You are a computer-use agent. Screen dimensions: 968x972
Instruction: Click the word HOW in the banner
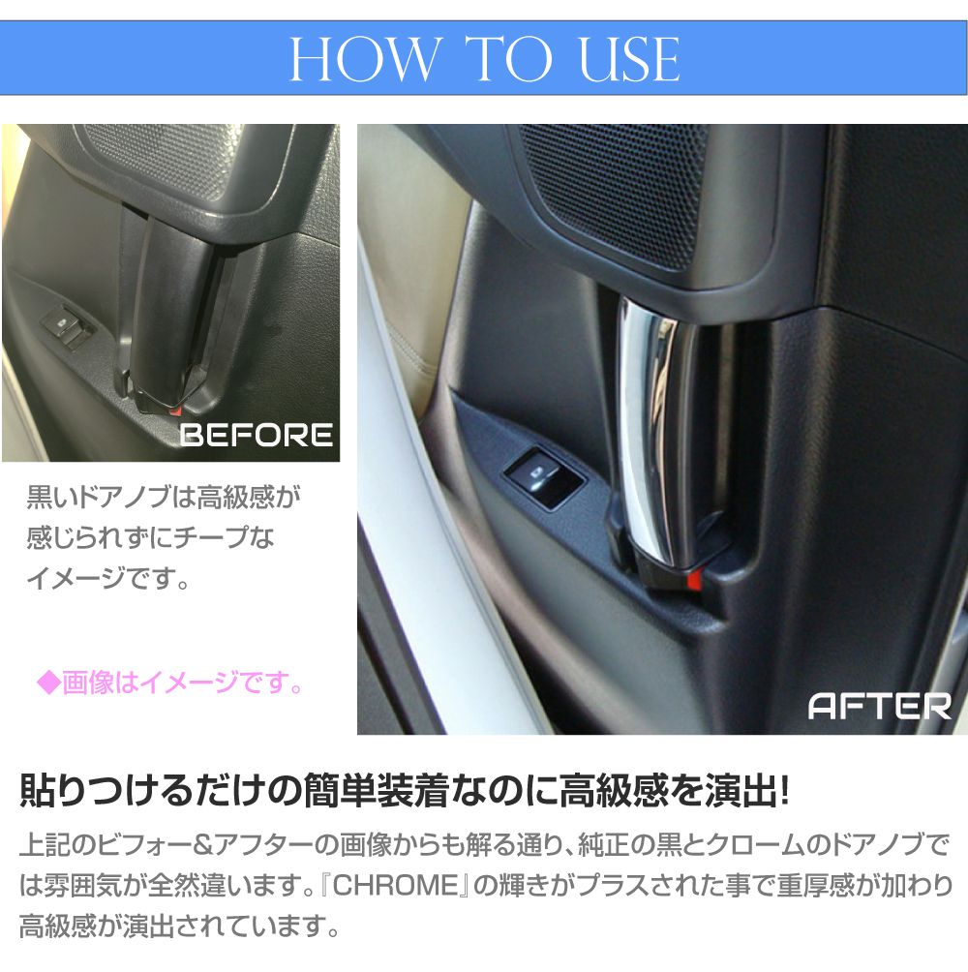pyautogui.click(x=364, y=59)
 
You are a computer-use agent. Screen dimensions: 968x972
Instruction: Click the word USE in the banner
pyautogui.click(x=629, y=59)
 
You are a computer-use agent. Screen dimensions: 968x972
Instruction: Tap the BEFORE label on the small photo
pyautogui.click(x=256, y=435)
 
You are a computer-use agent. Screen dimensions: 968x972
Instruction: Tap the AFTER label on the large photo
pyautogui.click(x=879, y=706)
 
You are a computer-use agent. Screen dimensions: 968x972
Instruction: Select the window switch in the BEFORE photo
pyautogui.click(x=66, y=324)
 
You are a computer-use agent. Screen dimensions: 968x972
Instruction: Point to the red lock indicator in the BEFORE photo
pyautogui.click(x=175, y=410)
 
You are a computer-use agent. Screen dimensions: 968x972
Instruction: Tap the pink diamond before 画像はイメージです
pyautogui.click(x=48, y=683)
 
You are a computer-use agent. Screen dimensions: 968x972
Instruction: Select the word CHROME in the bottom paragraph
pyautogui.click(x=395, y=885)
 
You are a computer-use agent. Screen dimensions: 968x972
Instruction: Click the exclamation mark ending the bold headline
pyautogui.click(x=783, y=791)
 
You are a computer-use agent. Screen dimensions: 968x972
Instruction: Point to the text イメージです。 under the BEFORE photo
pyautogui.click(x=107, y=578)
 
